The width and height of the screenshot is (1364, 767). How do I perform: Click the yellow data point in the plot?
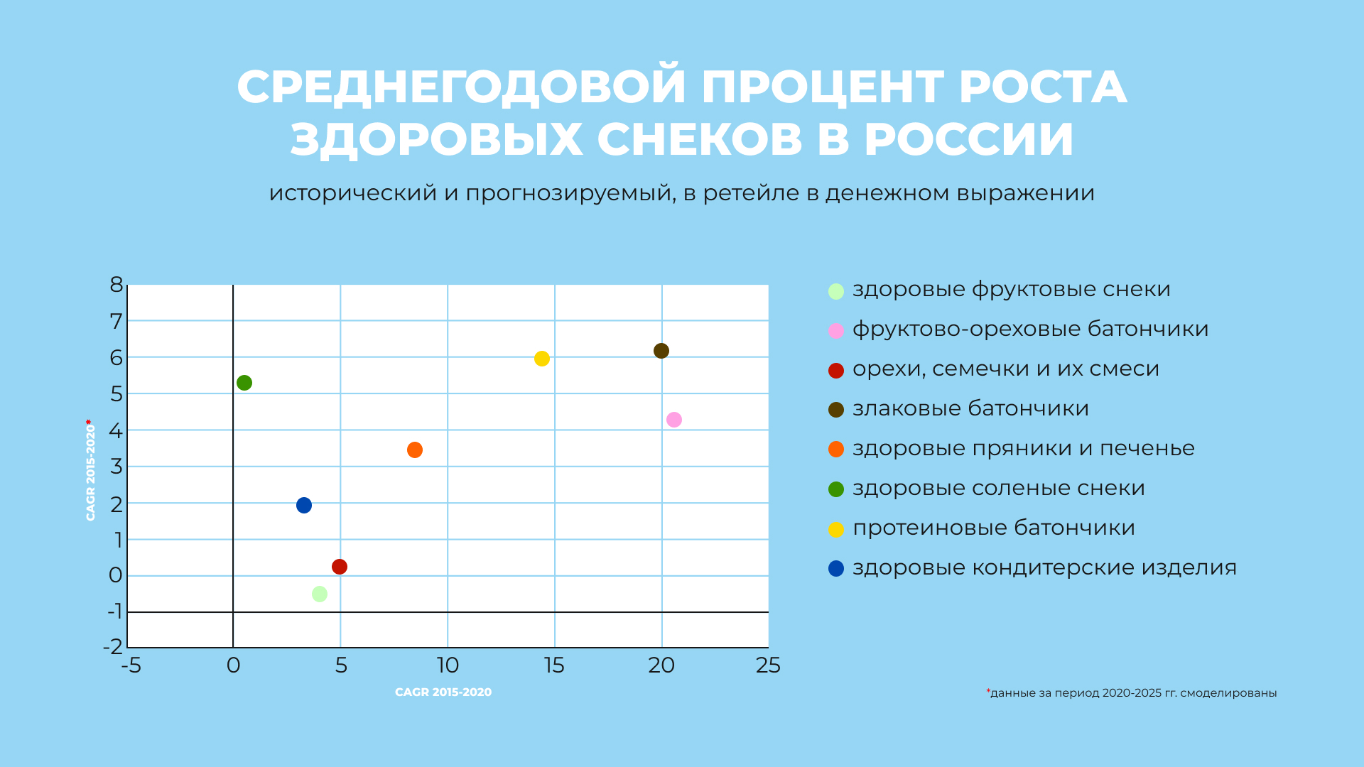[x=542, y=359]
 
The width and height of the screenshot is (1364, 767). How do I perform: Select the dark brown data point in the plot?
[x=661, y=351]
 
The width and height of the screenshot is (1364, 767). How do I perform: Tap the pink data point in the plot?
[x=674, y=420]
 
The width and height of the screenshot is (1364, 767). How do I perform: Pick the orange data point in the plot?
[x=415, y=450]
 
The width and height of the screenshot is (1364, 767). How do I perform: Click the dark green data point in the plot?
[x=244, y=383]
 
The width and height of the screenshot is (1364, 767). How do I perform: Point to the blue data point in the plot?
[x=304, y=506]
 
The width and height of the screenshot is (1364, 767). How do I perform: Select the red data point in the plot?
[x=340, y=567]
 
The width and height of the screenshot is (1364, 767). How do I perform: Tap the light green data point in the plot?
[x=320, y=594]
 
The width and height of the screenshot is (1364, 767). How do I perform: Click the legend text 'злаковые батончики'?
[x=970, y=409]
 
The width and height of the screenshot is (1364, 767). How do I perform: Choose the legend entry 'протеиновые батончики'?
[x=993, y=528]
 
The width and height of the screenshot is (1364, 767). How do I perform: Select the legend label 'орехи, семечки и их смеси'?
[x=1005, y=369]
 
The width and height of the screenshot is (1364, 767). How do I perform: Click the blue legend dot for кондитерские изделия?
[x=836, y=569]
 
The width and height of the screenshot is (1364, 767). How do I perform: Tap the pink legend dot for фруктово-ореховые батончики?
[x=836, y=331]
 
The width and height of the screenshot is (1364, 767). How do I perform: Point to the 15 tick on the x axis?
[x=554, y=665]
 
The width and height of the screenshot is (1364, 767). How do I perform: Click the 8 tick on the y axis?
[x=117, y=285]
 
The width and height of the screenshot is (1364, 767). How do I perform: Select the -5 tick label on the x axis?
[x=131, y=665]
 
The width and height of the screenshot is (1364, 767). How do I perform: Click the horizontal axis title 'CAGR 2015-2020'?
[x=443, y=692]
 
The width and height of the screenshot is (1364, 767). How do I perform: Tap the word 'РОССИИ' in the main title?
[x=969, y=139]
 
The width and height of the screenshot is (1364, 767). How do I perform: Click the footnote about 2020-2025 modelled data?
[x=1132, y=693]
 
